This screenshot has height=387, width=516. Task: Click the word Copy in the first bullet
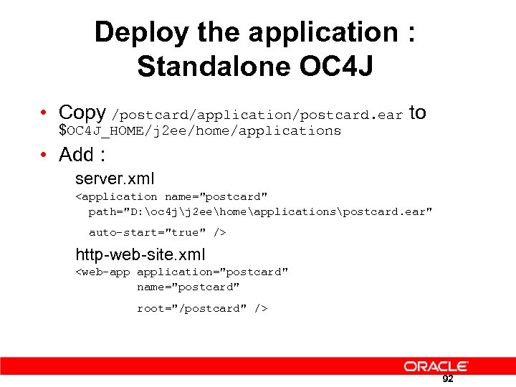pos(82,113)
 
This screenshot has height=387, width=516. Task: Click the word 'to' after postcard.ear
pos(417,113)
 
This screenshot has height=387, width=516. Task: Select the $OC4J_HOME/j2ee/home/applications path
pos(200,130)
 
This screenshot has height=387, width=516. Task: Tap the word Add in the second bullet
pos(77,155)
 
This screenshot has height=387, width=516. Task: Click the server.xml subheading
pos(115,178)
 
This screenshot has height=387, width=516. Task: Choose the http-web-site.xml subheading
pos(140,254)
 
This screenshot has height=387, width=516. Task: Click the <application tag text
pos(116,196)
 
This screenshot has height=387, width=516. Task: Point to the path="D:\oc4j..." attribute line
pos(260,212)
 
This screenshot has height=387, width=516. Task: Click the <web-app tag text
pos(103,272)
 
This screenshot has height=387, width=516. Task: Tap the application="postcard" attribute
pos(213,272)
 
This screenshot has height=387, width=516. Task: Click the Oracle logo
pos(436,366)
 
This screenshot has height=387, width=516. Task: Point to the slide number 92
pos(448,378)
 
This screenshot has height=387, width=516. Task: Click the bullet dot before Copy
pos(44,113)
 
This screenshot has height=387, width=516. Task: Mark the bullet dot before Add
pos(44,155)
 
